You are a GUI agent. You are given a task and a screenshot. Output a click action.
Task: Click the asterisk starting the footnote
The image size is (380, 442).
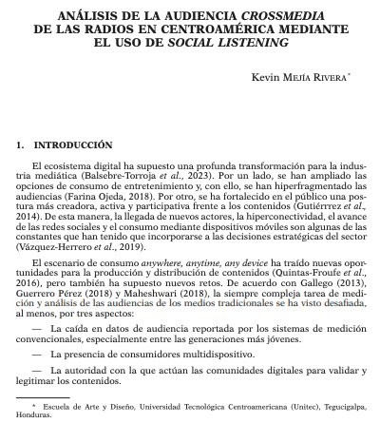point(34,405)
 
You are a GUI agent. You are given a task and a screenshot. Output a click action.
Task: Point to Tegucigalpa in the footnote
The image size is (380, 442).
point(332,407)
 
